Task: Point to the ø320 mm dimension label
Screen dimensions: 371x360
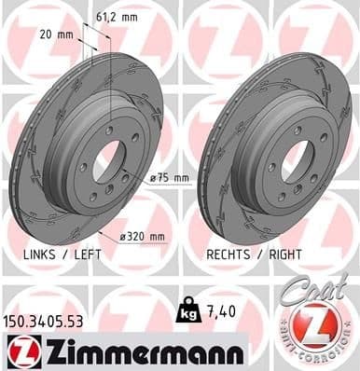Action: tap(147, 236)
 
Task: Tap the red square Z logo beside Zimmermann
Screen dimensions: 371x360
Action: tap(20, 352)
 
